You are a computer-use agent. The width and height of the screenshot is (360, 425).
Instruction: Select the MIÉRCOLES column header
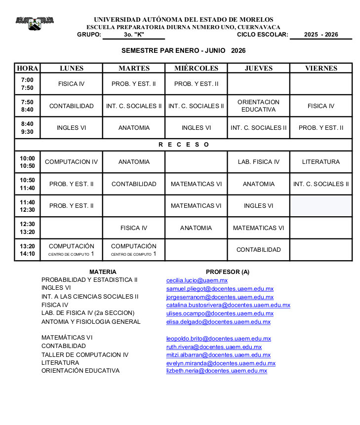[196, 68]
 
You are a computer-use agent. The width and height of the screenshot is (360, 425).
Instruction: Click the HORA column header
[27, 68]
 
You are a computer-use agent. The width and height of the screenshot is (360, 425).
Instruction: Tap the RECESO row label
[184, 145]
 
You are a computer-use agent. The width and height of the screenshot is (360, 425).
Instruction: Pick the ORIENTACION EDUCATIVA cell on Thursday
[258, 106]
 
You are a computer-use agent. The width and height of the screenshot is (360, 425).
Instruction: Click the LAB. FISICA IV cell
[258, 162]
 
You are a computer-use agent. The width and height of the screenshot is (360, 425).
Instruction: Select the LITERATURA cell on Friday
[321, 162]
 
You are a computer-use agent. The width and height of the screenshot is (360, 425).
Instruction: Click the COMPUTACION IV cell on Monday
[71, 162]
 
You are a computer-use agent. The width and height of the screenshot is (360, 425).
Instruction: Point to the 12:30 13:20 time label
[27, 228]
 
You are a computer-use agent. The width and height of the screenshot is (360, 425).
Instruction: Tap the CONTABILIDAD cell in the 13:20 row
[258, 250]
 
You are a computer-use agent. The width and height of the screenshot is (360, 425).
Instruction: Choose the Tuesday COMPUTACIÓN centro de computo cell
[133, 250]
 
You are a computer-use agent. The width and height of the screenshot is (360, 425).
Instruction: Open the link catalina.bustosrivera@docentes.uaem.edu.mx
[228, 306]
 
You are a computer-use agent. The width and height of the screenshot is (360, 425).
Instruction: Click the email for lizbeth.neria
[216, 371]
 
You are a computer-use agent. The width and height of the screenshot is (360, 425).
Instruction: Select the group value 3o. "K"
[133, 35]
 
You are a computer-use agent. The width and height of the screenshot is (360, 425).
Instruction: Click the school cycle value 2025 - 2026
[321, 35]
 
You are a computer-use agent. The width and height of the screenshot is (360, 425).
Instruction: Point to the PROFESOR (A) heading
[227, 272]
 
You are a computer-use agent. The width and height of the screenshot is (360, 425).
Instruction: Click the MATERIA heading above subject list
[103, 272]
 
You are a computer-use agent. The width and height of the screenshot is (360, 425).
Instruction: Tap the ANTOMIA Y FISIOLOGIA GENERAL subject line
[91, 322]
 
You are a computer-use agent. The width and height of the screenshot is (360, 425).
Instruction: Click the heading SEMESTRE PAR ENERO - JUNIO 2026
[183, 51]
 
